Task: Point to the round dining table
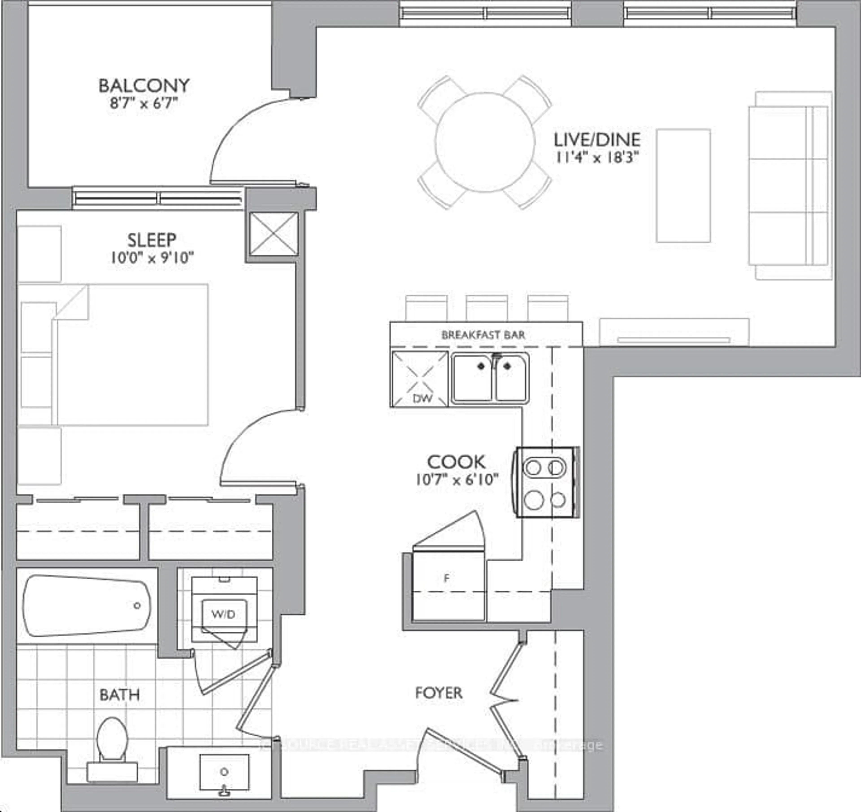tap(485, 142)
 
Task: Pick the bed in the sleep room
tap(130, 355)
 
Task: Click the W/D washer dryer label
tap(224, 614)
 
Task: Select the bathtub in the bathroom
tap(87, 606)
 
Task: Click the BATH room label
tap(120, 695)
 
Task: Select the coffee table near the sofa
tap(683, 185)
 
